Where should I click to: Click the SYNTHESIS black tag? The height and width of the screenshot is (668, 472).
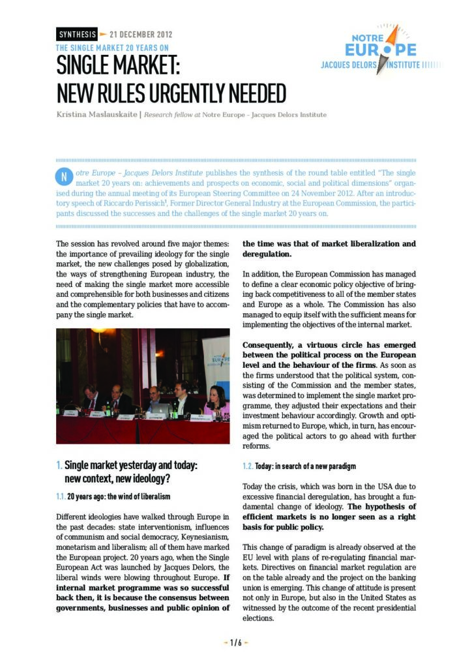pos(77,34)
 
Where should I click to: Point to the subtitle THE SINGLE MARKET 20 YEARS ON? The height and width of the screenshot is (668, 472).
pos(113,47)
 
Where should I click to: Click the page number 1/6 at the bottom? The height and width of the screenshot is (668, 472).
pos(235,643)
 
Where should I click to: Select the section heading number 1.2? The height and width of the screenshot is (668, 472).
pos(248,466)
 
